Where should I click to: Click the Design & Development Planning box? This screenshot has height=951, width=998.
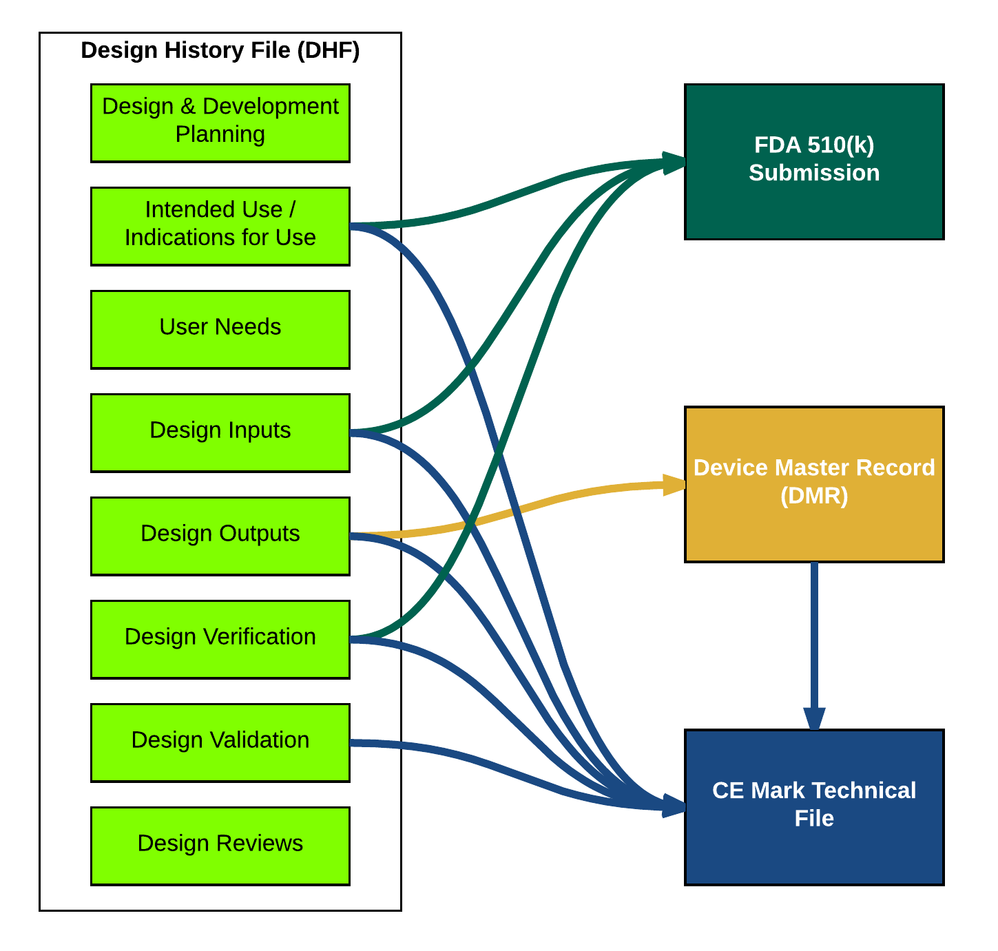coord(220,123)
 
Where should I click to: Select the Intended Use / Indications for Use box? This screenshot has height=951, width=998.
coord(220,227)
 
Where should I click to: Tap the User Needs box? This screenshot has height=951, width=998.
coord(220,330)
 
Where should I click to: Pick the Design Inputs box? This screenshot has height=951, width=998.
coord(220,433)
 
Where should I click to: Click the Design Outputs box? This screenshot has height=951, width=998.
coord(220,536)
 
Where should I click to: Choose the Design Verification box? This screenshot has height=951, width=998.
coord(220,640)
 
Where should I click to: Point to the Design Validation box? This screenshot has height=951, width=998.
coord(220,743)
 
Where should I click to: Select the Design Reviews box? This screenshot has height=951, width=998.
coord(220,846)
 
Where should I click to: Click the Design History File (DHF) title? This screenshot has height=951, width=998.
coord(220,51)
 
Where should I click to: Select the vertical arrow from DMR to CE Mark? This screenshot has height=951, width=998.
coord(814,634)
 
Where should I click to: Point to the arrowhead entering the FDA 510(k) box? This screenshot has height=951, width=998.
coord(674,162)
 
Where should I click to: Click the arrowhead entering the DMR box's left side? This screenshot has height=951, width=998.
coord(674,485)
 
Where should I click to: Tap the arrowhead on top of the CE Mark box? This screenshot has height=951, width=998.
coord(814,719)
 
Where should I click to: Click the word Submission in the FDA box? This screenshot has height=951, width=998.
coord(813,173)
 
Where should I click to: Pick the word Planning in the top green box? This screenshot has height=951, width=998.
coord(220,134)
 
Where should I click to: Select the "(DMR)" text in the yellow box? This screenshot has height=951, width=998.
coord(813,496)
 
